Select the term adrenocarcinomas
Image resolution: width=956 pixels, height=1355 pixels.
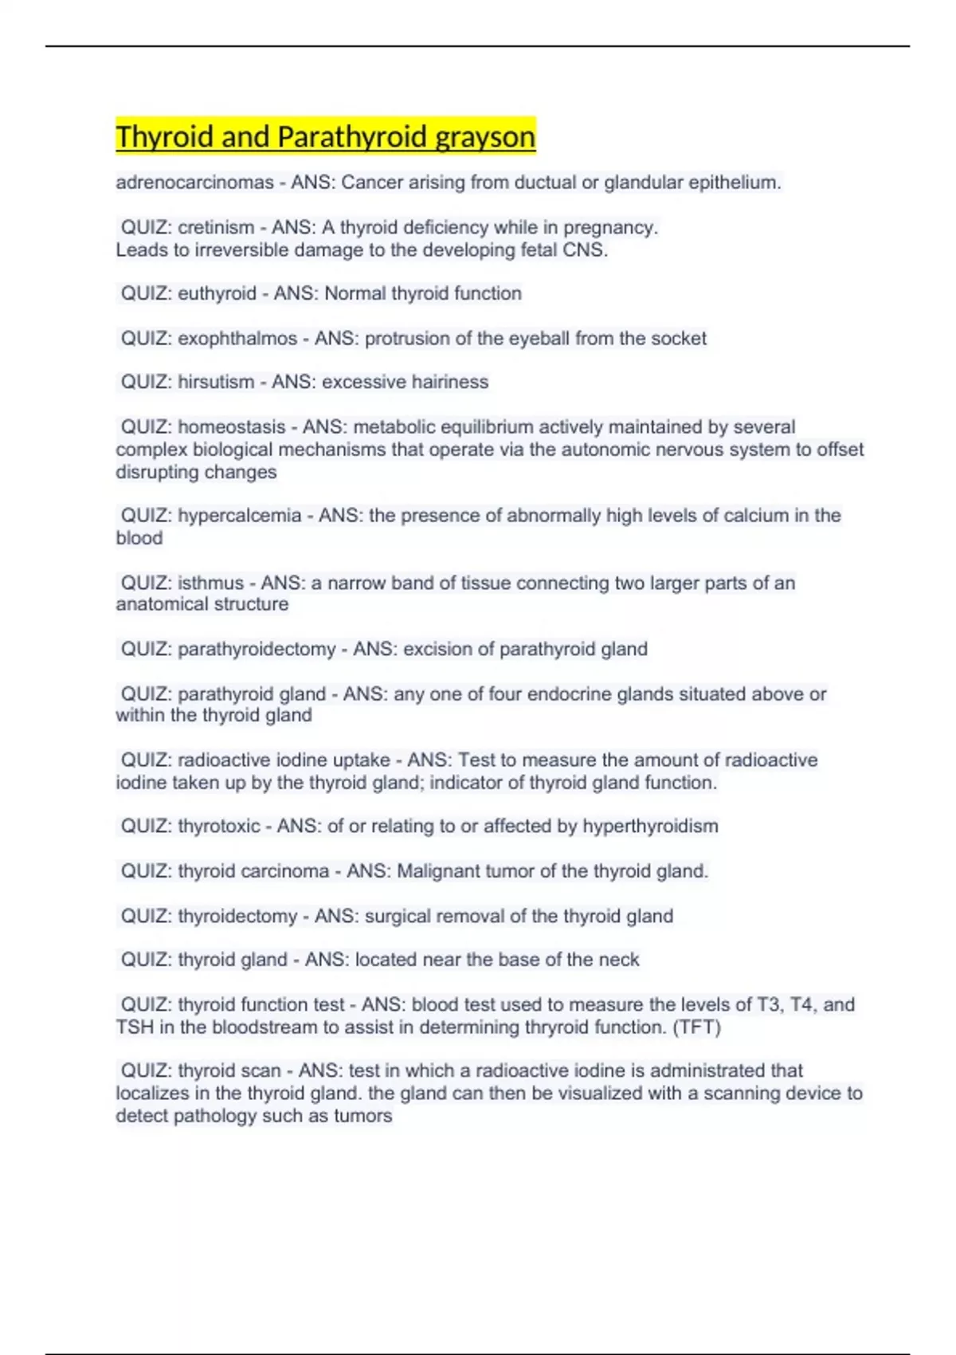[194, 183]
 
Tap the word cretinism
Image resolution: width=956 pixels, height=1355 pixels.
[216, 227]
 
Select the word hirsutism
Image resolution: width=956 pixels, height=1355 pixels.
[216, 382]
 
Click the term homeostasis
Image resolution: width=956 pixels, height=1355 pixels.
[231, 427]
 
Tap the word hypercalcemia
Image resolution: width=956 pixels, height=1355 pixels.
[239, 516]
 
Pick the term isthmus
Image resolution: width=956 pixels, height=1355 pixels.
[210, 583]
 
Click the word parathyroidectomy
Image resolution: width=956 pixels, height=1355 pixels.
[257, 650]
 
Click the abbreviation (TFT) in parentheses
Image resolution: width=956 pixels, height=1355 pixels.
[697, 1027]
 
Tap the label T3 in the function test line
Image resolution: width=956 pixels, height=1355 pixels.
[770, 1004]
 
